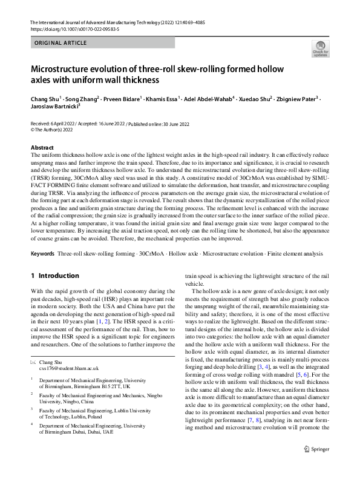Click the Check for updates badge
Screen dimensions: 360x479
coord(319,48)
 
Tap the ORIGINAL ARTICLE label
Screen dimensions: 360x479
coord(59,43)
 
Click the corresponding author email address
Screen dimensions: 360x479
coord(68,368)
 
